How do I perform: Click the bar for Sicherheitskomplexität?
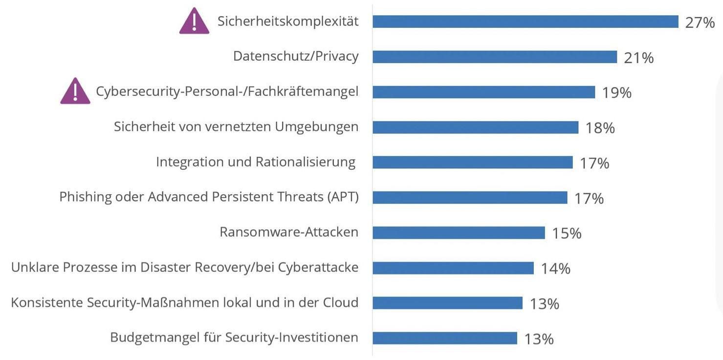(x=526, y=22)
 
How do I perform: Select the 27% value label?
(x=700, y=22)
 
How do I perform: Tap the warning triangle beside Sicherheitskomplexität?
(x=194, y=22)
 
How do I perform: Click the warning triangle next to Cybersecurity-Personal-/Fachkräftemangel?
(x=75, y=92)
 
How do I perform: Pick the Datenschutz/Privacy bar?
(x=495, y=57)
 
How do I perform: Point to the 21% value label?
(x=638, y=58)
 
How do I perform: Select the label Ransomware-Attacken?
(x=289, y=232)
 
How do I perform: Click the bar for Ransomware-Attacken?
(x=459, y=233)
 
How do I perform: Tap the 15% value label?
(x=567, y=233)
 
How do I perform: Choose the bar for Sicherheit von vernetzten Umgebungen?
(x=475, y=127)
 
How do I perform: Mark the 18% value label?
(x=600, y=128)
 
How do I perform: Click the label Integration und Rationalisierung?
(x=255, y=162)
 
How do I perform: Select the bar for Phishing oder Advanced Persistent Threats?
(x=470, y=198)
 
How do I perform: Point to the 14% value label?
(x=555, y=269)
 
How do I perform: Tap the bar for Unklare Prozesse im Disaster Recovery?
(x=453, y=268)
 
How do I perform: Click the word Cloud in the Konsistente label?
(x=340, y=302)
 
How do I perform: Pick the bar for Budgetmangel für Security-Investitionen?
(x=444, y=338)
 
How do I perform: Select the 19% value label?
(x=616, y=92)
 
